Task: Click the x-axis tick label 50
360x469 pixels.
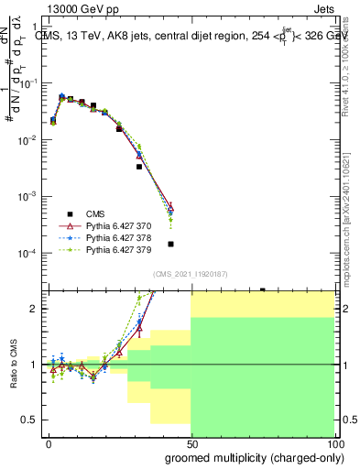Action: [191, 442]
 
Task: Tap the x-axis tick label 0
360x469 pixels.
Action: [49, 442]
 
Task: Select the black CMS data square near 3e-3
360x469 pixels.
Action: [139, 167]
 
